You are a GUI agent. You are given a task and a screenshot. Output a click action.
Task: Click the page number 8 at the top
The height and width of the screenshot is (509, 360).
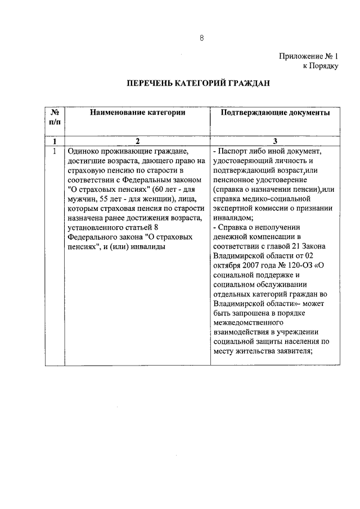[201, 38]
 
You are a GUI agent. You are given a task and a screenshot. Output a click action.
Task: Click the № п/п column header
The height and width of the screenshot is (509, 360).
[55, 117]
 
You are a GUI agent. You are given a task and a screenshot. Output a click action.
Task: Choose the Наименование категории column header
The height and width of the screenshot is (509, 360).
[137, 112]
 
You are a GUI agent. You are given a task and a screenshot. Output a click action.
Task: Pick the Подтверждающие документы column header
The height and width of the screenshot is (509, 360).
[276, 112]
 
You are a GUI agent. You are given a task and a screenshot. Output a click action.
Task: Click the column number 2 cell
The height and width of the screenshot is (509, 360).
[137, 141]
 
